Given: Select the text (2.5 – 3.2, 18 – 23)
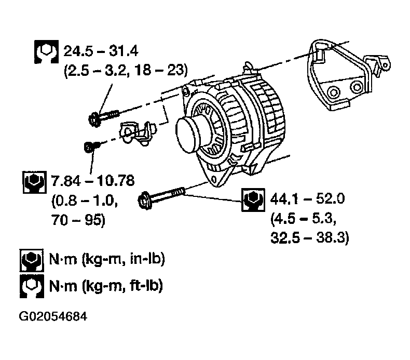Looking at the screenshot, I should click(125, 70).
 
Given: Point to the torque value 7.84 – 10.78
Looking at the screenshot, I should click(93, 181).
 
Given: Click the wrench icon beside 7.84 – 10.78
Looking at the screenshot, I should click(34, 182).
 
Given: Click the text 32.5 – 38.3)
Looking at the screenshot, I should click(310, 238).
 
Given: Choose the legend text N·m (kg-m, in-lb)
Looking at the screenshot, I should click(107, 259).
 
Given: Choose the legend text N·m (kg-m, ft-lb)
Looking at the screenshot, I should click(105, 285).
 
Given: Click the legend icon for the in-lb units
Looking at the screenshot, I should click(31, 259).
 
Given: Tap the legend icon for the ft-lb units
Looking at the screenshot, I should click(31, 285).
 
